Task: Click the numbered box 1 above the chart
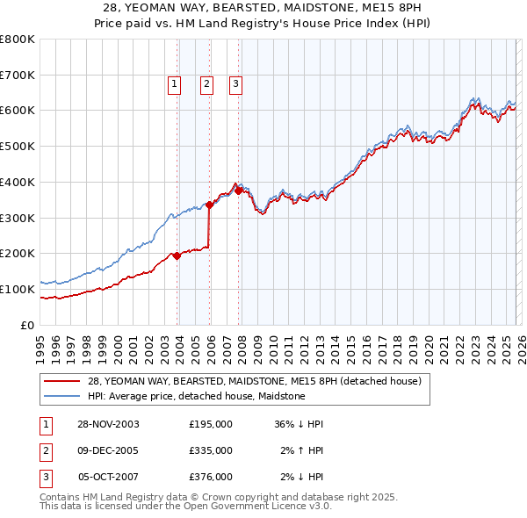pos(174,84)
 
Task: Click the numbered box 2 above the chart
pos(206,84)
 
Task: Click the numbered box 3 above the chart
pos(236,84)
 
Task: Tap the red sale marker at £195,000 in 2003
pos(177,255)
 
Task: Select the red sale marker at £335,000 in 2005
pos(210,205)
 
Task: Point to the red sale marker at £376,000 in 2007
pos(238,191)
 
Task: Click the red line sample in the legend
pos(62,382)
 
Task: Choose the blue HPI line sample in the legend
pos(62,397)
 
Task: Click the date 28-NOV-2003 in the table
pos(109,424)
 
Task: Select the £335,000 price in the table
pos(210,450)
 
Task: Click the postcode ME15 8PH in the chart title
pos(397,5)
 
